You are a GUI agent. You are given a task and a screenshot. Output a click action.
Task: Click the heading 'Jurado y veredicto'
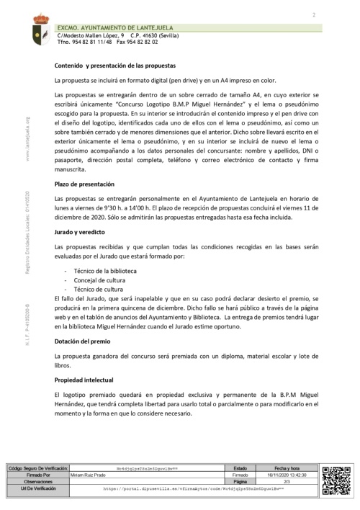[81, 233]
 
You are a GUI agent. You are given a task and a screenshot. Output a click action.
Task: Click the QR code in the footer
[334, 479]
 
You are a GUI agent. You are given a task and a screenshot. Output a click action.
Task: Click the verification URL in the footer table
[194, 488]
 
